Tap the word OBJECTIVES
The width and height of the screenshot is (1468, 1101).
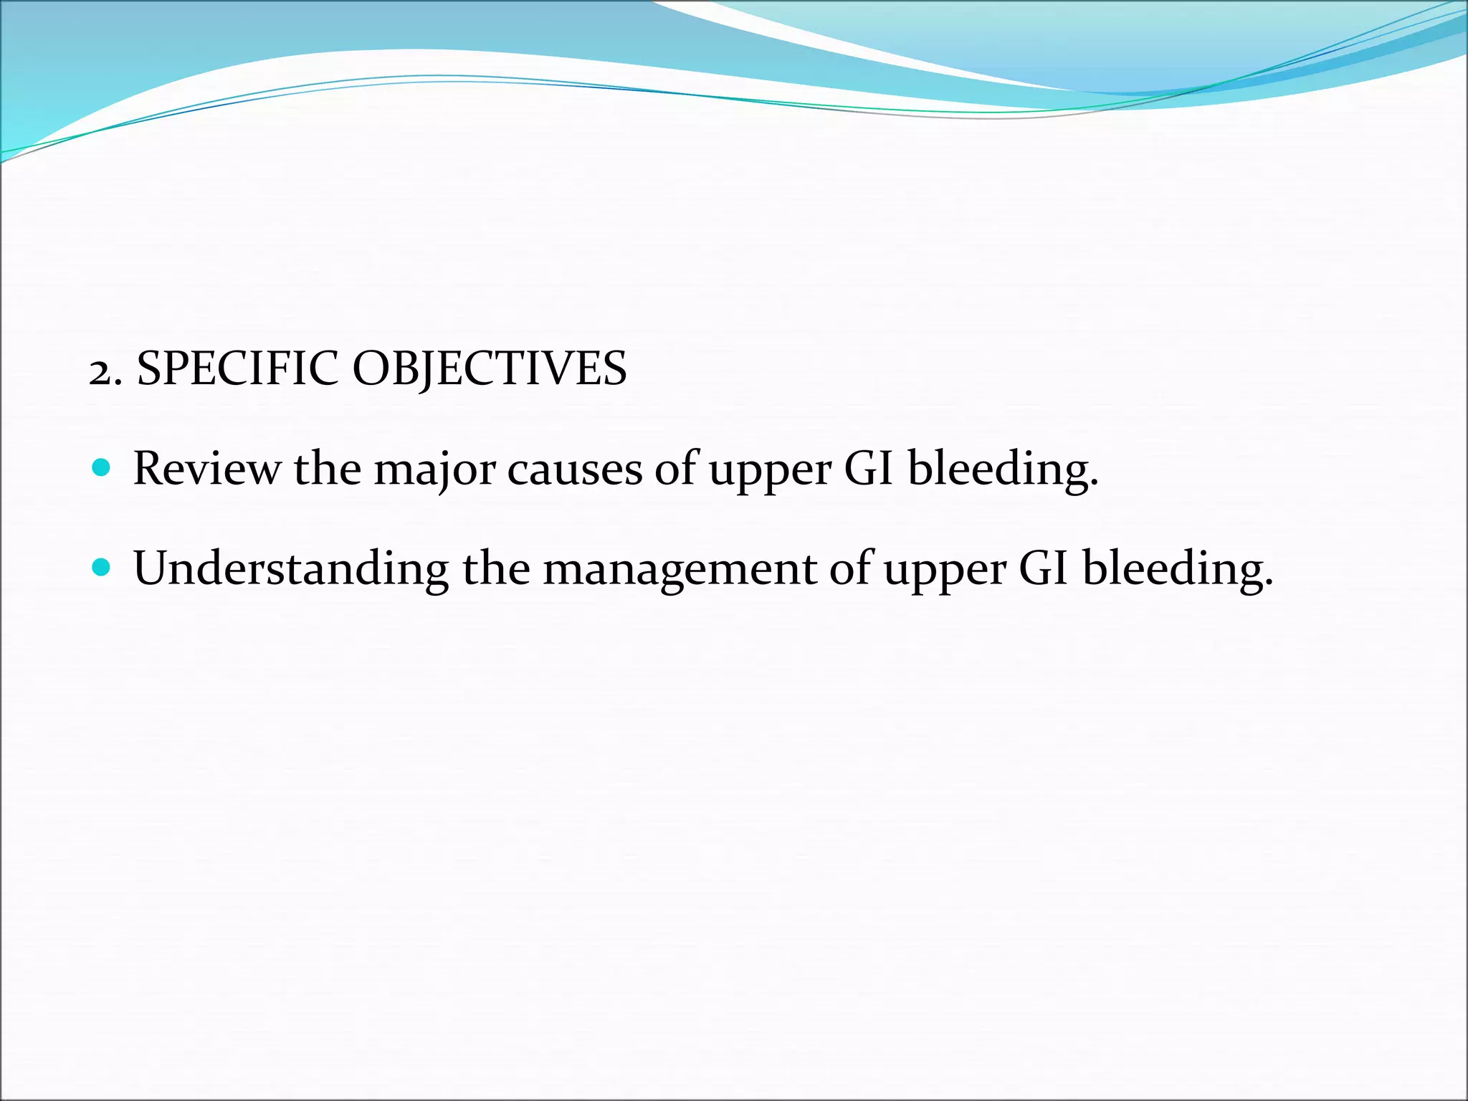click(490, 370)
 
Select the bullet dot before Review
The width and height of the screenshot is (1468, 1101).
click(102, 469)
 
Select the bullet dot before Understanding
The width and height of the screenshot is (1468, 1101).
click(102, 568)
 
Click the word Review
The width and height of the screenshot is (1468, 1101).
click(207, 469)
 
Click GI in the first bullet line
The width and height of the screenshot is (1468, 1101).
click(869, 469)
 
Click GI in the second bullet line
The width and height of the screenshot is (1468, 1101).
click(1044, 568)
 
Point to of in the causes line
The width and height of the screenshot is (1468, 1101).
click(676, 469)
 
